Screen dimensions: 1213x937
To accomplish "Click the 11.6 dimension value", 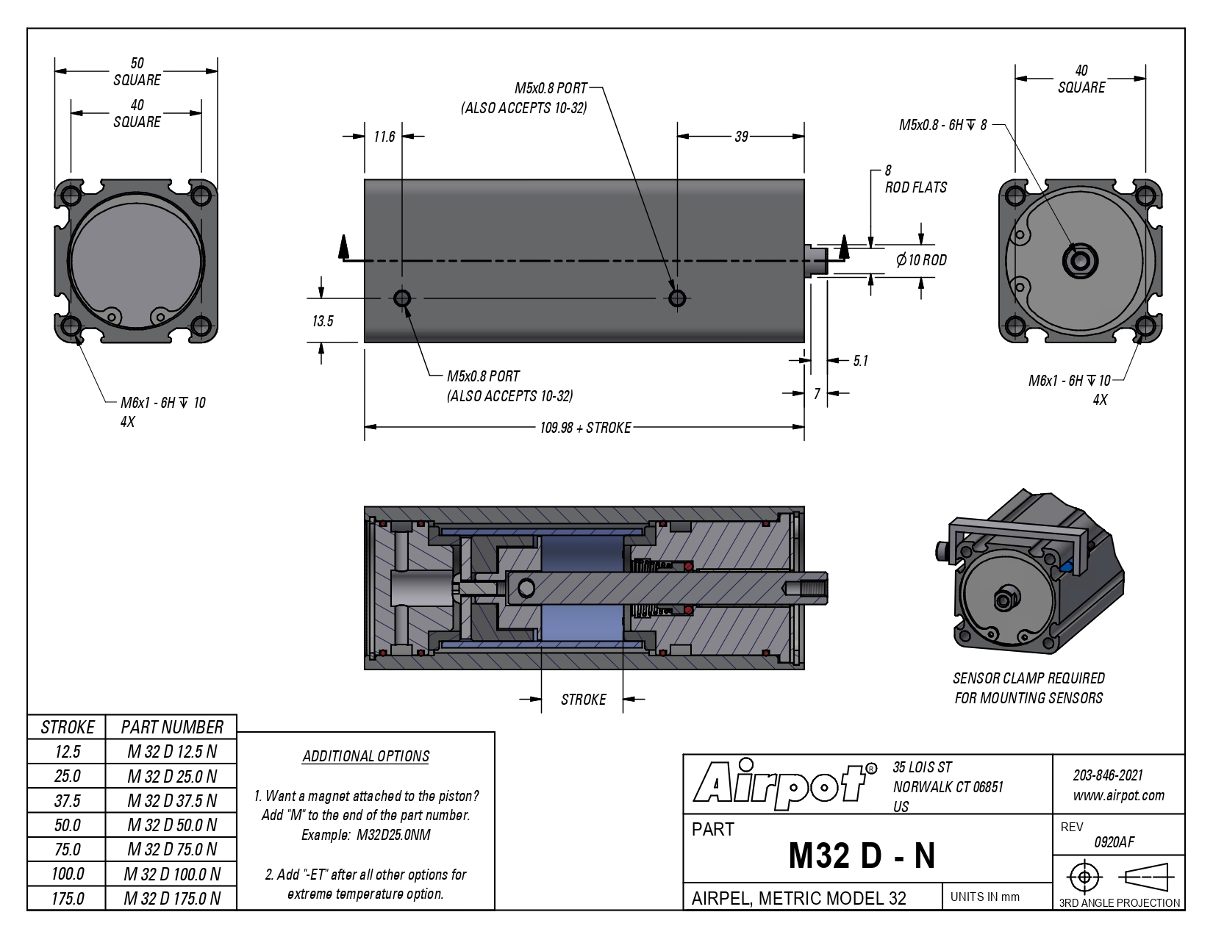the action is click(x=384, y=137).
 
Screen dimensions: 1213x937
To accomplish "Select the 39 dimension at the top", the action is click(x=741, y=137).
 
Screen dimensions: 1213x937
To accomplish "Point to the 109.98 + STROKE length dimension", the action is click(x=585, y=428).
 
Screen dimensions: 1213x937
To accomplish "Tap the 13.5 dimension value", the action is click(x=323, y=321).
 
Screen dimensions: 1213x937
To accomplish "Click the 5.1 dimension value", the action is click(x=860, y=361).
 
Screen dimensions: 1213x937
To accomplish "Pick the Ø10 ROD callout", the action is click(x=921, y=260).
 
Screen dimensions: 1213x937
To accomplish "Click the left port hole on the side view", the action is click(x=402, y=298).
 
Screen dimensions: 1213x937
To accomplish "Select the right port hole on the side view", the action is click(x=677, y=298).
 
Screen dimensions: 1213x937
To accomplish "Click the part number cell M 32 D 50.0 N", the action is click(x=171, y=825).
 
